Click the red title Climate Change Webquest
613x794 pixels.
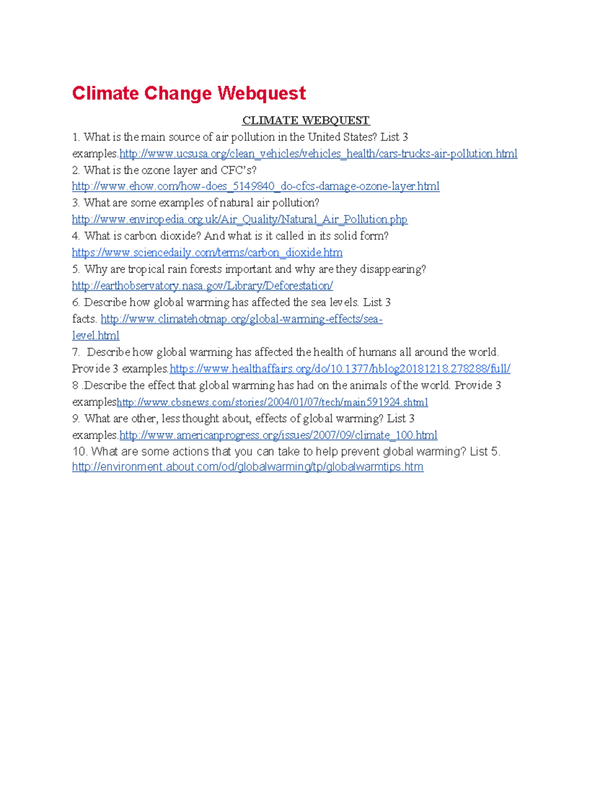pos(188,94)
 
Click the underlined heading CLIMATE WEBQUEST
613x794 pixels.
pos(305,121)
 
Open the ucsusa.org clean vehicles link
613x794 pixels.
pos(318,154)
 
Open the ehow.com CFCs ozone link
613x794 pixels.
pos(255,187)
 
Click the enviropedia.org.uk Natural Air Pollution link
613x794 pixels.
pos(240,220)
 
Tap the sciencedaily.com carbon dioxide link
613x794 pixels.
pos(207,253)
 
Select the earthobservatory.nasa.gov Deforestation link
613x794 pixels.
pos(202,286)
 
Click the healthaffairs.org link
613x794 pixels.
pos(340,369)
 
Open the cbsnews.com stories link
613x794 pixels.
pos(272,402)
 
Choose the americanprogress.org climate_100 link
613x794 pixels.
pos(278,435)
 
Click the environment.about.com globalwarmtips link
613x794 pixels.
pos(248,467)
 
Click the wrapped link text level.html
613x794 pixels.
pos(96,336)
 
